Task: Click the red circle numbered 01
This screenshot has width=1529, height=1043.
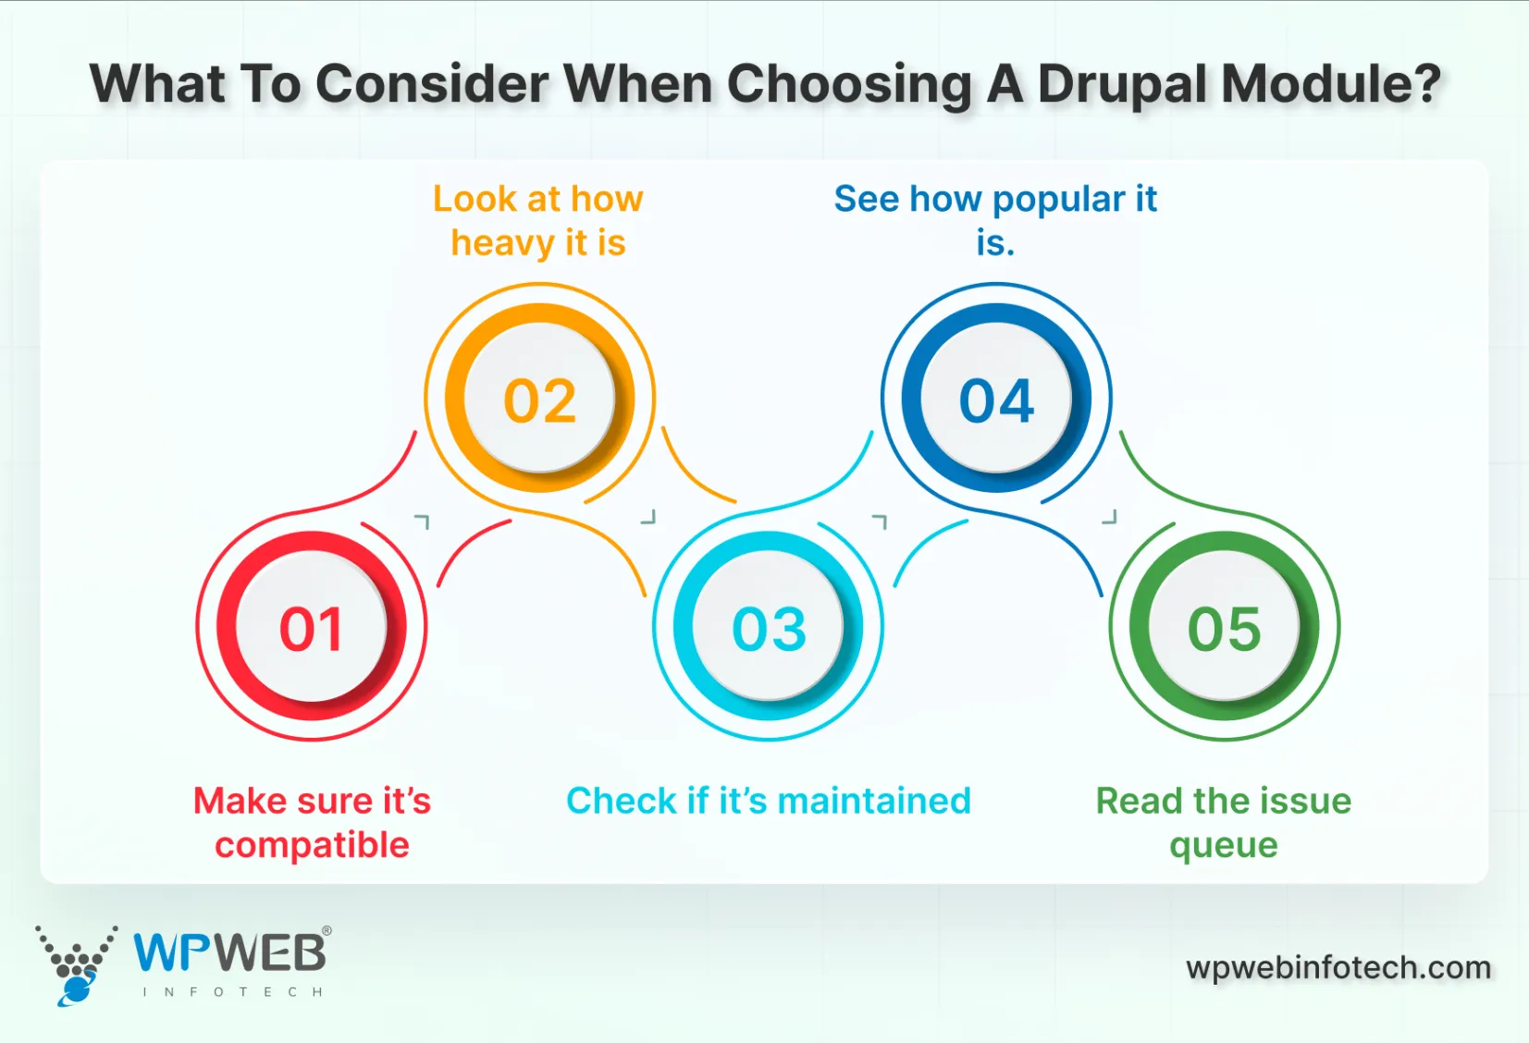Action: pos(312,629)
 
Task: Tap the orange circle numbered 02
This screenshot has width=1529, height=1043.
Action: pos(540,400)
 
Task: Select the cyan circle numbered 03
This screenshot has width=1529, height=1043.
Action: pos(769,629)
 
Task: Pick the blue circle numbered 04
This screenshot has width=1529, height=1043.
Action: pos(996,400)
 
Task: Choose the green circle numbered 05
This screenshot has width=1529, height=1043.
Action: pos(1224,629)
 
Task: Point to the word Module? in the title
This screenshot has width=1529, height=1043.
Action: pos(1331,84)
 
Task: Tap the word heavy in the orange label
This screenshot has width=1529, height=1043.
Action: pos(501,243)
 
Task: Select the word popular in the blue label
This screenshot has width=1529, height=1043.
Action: pos(1058,200)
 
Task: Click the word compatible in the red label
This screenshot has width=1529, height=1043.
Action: pos(312,845)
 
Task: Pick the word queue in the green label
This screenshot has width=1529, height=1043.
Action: pos(1223,845)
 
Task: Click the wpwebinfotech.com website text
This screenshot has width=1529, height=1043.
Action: pos(1338,967)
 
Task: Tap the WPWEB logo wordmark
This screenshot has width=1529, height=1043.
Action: pos(230,952)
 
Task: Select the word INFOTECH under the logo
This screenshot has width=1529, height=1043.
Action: pos(232,992)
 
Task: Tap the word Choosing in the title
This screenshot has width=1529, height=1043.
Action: pos(849,84)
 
